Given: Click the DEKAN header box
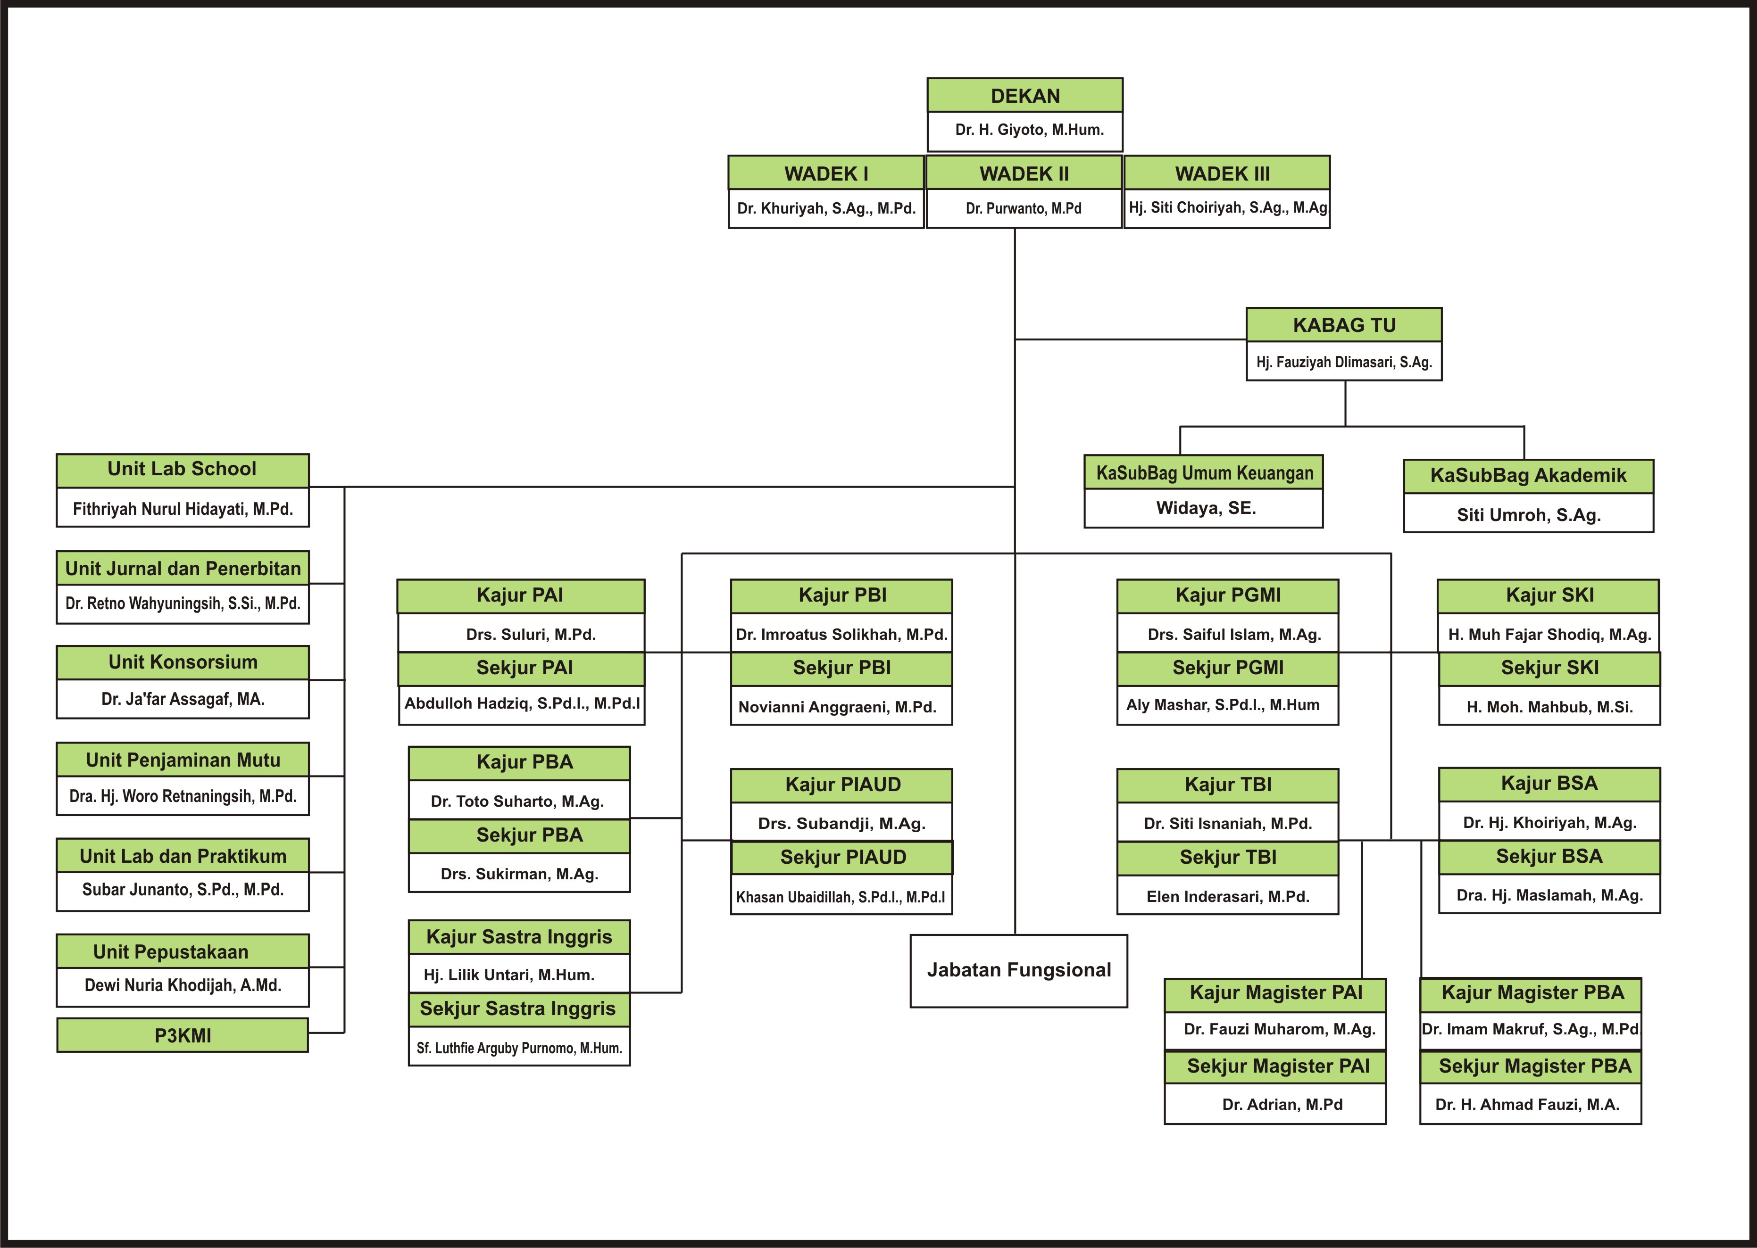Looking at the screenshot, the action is (x=1024, y=95).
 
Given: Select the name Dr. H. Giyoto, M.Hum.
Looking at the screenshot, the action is (x=1029, y=130).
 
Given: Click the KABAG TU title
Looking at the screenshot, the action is (x=1343, y=325).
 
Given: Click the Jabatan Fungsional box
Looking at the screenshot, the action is (x=1018, y=971).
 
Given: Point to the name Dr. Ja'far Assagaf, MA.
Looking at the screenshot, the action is (x=183, y=699).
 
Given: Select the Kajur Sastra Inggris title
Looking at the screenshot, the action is (x=519, y=937).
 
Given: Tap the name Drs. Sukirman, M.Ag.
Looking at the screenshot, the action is (x=520, y=874).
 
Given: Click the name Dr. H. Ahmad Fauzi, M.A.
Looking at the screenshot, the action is (x=1527, y=1104).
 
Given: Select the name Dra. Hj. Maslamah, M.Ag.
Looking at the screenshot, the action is (x=1549, y=895).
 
